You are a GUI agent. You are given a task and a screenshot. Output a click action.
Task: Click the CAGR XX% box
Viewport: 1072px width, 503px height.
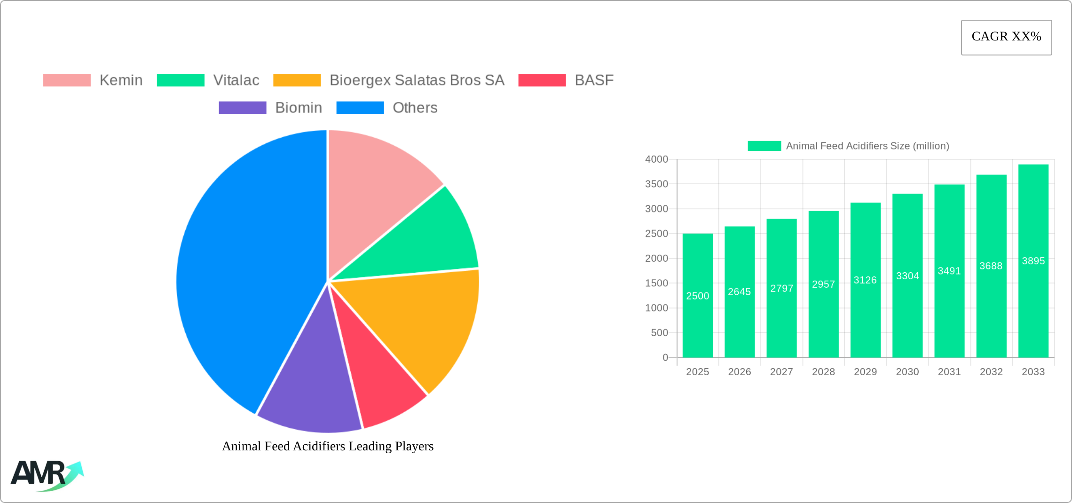(1006, 37)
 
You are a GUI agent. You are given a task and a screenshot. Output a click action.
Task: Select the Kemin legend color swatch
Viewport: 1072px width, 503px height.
(67, 80)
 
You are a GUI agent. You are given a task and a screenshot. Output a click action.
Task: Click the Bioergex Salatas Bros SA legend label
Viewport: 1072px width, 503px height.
(417, 80)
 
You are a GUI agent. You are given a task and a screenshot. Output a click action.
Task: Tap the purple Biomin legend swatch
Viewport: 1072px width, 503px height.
(243, 108)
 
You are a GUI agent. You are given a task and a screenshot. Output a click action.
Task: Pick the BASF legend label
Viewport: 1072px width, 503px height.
(594, 80)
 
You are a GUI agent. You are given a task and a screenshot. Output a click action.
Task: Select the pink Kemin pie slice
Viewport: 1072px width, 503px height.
(376, 183)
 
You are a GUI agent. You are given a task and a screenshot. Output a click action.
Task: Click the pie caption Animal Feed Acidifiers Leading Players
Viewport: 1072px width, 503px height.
(328, 446)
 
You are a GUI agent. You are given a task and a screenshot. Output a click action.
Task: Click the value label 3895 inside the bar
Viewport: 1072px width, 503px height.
(1033, 261)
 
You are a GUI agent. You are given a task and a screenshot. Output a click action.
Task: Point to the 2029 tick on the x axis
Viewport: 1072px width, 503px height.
(865, 372)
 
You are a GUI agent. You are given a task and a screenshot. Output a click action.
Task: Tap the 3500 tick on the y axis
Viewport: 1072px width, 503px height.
(656, 184)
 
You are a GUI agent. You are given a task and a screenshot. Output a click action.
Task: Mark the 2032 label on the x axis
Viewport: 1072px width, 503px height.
(991, 372)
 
